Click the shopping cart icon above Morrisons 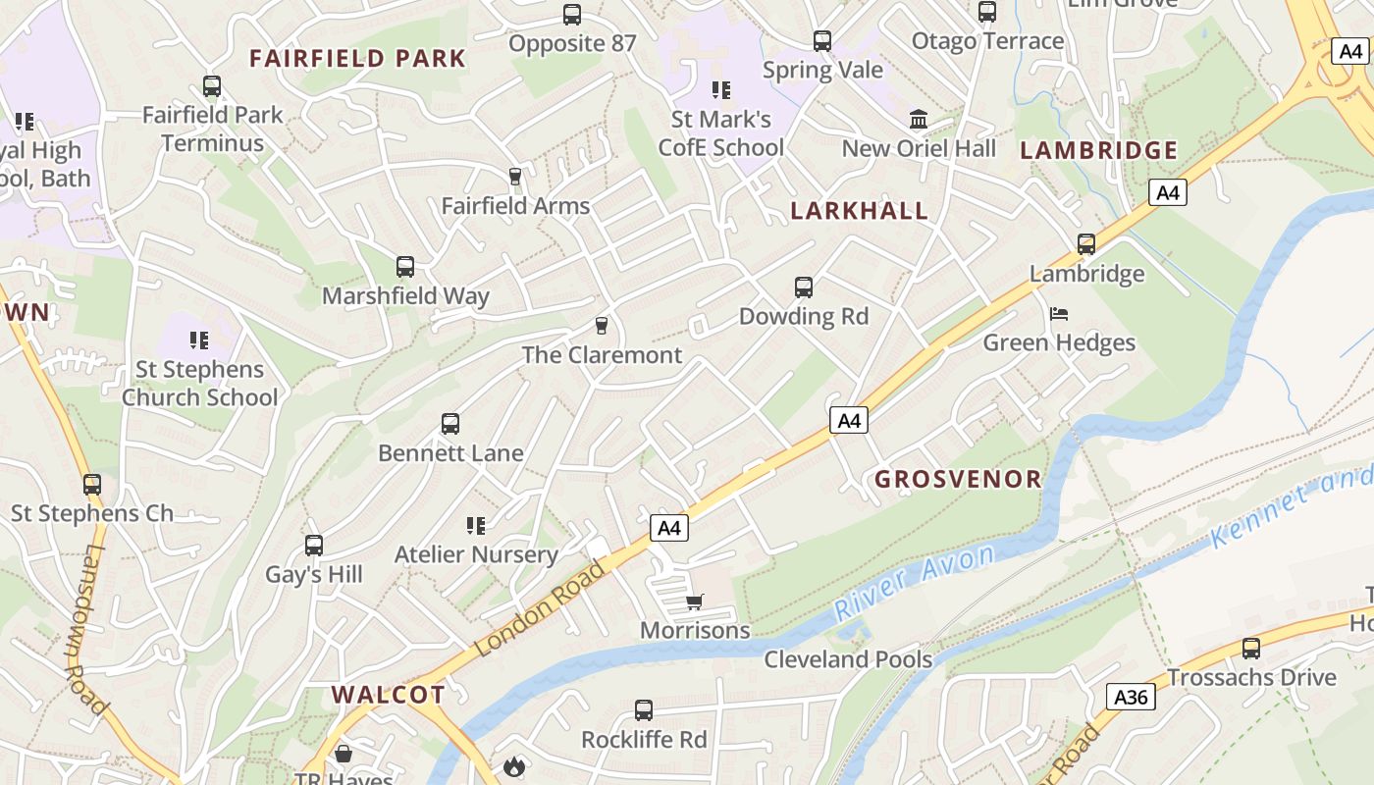(695, 602)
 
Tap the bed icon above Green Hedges (1059, 314)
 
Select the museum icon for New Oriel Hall (919, 120)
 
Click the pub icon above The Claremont (602, 326)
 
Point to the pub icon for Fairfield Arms (514, 177)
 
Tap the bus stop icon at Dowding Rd (804, 288)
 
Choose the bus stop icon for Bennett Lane (450, 424)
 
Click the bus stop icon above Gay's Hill (314, 546)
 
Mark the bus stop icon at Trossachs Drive (1251, 649)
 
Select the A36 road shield (1131, 697)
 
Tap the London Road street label (542, 608)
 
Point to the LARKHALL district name (859, 211)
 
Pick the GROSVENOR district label (958, 479)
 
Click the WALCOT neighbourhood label (388, 695)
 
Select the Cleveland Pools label (848, 658)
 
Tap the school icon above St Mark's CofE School (721, 90)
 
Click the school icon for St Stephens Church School (199, 340)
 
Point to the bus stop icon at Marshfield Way (405, 267)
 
